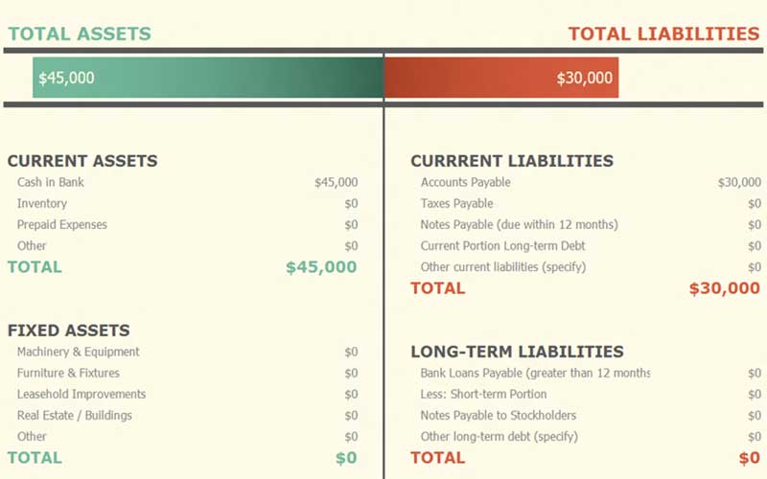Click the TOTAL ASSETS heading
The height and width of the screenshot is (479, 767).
(x=80, y=34)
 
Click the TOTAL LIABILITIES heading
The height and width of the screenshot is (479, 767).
(x=663, y=34)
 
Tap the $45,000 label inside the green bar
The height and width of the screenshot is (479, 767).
(x=65, y=78)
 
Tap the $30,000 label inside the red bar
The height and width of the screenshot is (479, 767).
(x=585, y=78)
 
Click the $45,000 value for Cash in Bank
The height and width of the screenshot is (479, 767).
(x=336, y=182)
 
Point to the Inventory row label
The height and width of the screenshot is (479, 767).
(x=42, y=203)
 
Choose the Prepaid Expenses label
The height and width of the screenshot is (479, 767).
(x=62, y=224)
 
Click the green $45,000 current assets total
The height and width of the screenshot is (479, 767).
(x=321, y=267)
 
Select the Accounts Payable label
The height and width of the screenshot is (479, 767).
(x=466, y=182)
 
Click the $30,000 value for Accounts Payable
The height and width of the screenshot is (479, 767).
(x=739, y=182)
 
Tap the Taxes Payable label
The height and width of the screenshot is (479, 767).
(x=457, y=203)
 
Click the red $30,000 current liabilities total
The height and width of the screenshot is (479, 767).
(x=724, y=288)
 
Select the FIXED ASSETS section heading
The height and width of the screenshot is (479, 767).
(x=69, y=331)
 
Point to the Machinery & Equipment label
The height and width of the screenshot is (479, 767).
(x=79, y=352)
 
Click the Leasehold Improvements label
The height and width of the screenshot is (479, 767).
(x=81, y=394)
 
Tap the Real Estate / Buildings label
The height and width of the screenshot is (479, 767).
(x=75, y=415)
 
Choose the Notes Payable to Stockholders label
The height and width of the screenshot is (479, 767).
(x=499, y=415)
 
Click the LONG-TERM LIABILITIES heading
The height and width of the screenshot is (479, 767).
(x=518, y=352)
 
